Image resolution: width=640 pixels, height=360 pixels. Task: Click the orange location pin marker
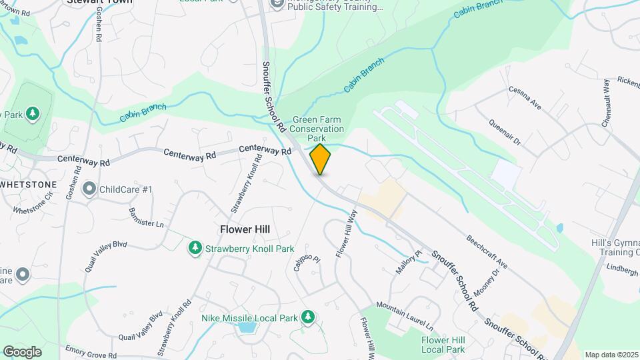tap(320, 159)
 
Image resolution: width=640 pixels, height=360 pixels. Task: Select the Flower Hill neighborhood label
tap(245, 229)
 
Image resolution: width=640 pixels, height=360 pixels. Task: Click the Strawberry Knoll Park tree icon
tap(195, 249)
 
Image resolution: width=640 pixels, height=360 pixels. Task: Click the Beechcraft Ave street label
tap(487, 251)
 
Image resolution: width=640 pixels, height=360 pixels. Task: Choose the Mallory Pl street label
tap(410, 259)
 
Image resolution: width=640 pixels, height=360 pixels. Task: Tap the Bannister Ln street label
tap(146, 215)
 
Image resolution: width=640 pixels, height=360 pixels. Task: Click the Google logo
tap(22, 351)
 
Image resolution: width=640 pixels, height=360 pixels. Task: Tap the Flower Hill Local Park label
tap(443, 345)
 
